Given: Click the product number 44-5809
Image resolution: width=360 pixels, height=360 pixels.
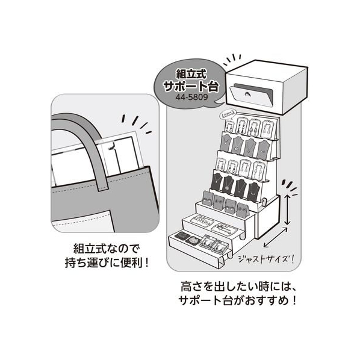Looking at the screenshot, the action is tap(191, 97).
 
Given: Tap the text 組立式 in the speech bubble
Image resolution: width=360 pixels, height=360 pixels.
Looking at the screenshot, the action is tap(191, 74).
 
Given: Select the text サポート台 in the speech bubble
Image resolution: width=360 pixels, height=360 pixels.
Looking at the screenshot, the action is tap(191, 86).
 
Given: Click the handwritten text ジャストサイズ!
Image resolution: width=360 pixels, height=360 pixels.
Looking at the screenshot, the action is tap(265, 259).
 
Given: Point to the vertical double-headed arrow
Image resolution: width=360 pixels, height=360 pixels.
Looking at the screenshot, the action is tap(287, 209).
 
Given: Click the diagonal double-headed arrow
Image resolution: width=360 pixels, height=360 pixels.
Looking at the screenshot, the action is tap(275, 238).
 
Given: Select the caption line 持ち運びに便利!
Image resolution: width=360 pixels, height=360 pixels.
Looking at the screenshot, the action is tap(107, 263).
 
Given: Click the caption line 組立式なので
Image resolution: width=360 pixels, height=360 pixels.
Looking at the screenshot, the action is tap(107, 249).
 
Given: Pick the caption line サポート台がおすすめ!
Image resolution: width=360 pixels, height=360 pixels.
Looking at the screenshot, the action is tap(237, 300).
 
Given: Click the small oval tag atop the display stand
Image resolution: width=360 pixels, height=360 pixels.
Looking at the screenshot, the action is tap(228, 114).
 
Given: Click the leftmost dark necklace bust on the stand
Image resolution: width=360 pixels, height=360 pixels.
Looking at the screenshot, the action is tap(217, 182).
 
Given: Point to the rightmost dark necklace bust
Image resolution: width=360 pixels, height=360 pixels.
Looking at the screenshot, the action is tap(253, 191).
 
